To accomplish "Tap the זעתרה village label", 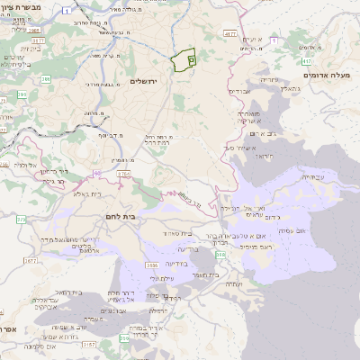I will (x=232, y=283).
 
